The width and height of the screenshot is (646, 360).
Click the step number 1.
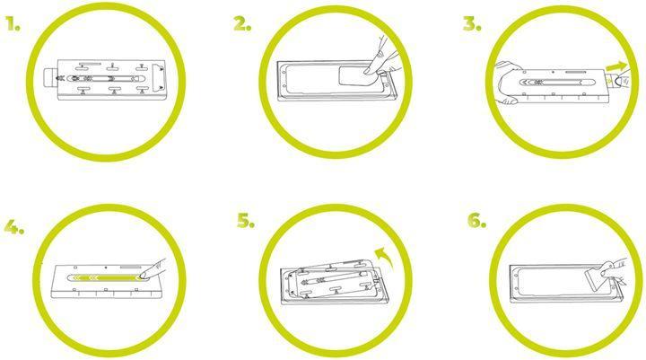12,24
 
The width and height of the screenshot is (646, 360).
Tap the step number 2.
242,24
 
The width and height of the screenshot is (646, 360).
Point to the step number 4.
13,225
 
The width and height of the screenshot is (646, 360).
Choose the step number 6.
476,221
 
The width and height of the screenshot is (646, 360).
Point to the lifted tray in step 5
323,279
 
